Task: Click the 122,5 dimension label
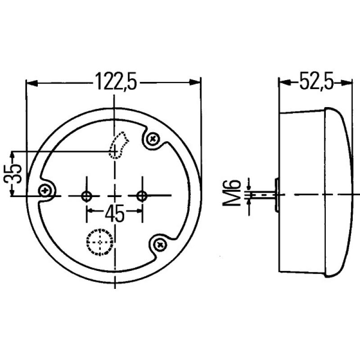tap(116, 83)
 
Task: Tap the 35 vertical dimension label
tap(14, 174)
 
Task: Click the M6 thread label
tap(232, 194)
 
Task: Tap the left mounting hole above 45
tap(86, 195)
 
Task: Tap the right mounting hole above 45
tap(142, 195)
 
